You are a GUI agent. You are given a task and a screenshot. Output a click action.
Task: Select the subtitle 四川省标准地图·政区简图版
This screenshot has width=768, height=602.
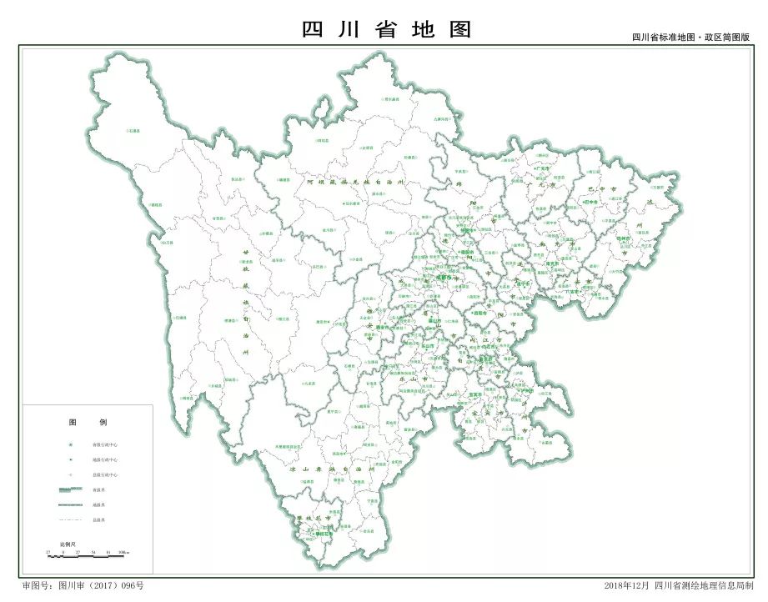point(690,38)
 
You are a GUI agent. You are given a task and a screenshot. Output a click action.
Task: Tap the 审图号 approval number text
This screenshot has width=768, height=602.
point(83,585)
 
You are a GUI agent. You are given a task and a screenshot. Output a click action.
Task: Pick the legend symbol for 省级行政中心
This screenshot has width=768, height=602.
point(71,444)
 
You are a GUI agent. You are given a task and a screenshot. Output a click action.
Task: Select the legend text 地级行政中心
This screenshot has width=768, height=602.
point(104,459)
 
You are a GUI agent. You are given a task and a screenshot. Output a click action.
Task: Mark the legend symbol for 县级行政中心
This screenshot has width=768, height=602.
point(71,474)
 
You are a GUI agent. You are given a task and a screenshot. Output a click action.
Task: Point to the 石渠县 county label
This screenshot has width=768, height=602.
point(133,130)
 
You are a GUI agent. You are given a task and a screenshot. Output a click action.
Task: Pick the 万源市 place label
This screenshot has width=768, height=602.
point(643,178)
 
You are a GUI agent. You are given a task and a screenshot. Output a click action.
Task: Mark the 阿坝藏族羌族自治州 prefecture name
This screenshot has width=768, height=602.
point(343,182)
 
